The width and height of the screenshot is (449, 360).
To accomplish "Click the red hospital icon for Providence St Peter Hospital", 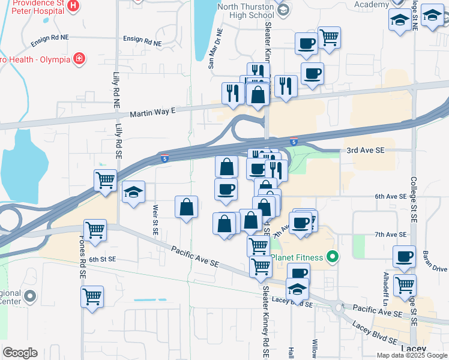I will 73,7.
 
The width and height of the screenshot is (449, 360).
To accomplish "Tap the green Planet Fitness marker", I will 332,258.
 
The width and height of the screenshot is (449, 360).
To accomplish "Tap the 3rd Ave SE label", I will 363,150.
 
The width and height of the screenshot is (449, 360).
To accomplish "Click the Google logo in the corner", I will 20,353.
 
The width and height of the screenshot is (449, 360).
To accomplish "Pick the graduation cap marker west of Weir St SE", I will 134,192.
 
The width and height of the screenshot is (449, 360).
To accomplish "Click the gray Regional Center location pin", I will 31,296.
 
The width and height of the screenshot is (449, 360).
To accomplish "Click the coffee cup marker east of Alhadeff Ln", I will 405,256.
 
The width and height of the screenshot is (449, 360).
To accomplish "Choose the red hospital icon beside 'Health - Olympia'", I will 79,58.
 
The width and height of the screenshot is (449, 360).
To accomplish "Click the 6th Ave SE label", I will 390,196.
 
